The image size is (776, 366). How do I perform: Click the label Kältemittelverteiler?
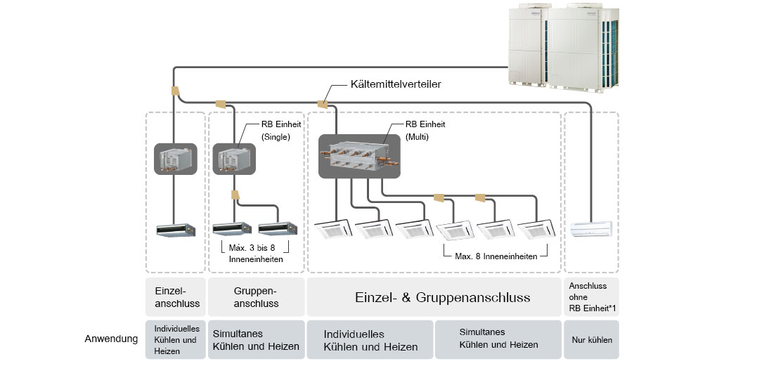(394, 85)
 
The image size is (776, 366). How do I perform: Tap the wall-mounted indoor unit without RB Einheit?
(591, 229)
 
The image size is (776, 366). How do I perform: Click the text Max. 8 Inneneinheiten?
(496, 256)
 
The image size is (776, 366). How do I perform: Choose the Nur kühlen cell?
(592, 340)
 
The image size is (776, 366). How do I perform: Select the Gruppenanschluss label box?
(256, 297)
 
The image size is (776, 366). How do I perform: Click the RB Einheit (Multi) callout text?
(425, 130)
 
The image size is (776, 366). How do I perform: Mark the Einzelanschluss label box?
(175, 297)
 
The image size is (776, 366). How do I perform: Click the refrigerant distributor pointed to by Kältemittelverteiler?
(323, 104)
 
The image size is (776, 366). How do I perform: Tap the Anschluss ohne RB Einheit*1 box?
(592, 296)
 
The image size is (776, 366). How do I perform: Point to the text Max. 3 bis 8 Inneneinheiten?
(257, 254)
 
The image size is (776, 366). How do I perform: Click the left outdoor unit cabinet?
(531, 46)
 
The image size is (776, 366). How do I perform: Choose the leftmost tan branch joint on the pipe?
(174, 91)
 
